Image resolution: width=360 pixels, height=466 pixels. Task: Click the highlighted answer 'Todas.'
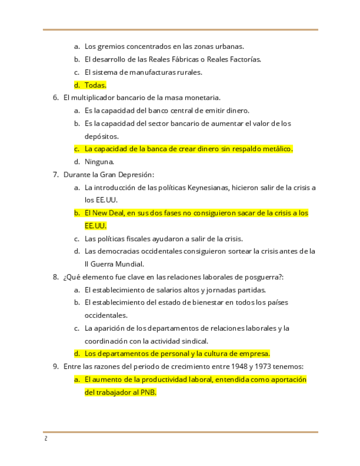pos(95,85)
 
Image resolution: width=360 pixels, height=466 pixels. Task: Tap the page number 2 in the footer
pos(46,439)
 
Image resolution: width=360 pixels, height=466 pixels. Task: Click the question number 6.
pos(55,98)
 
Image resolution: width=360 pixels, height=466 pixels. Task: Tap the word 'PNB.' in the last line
pos(148,392)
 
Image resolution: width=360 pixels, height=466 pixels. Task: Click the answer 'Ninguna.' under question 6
pos(99,162)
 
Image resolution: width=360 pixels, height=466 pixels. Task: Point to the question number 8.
pos(55,277)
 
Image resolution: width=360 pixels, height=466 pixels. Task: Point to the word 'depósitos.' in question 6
pos(101,136)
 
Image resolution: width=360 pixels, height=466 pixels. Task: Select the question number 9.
pos(55,367)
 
